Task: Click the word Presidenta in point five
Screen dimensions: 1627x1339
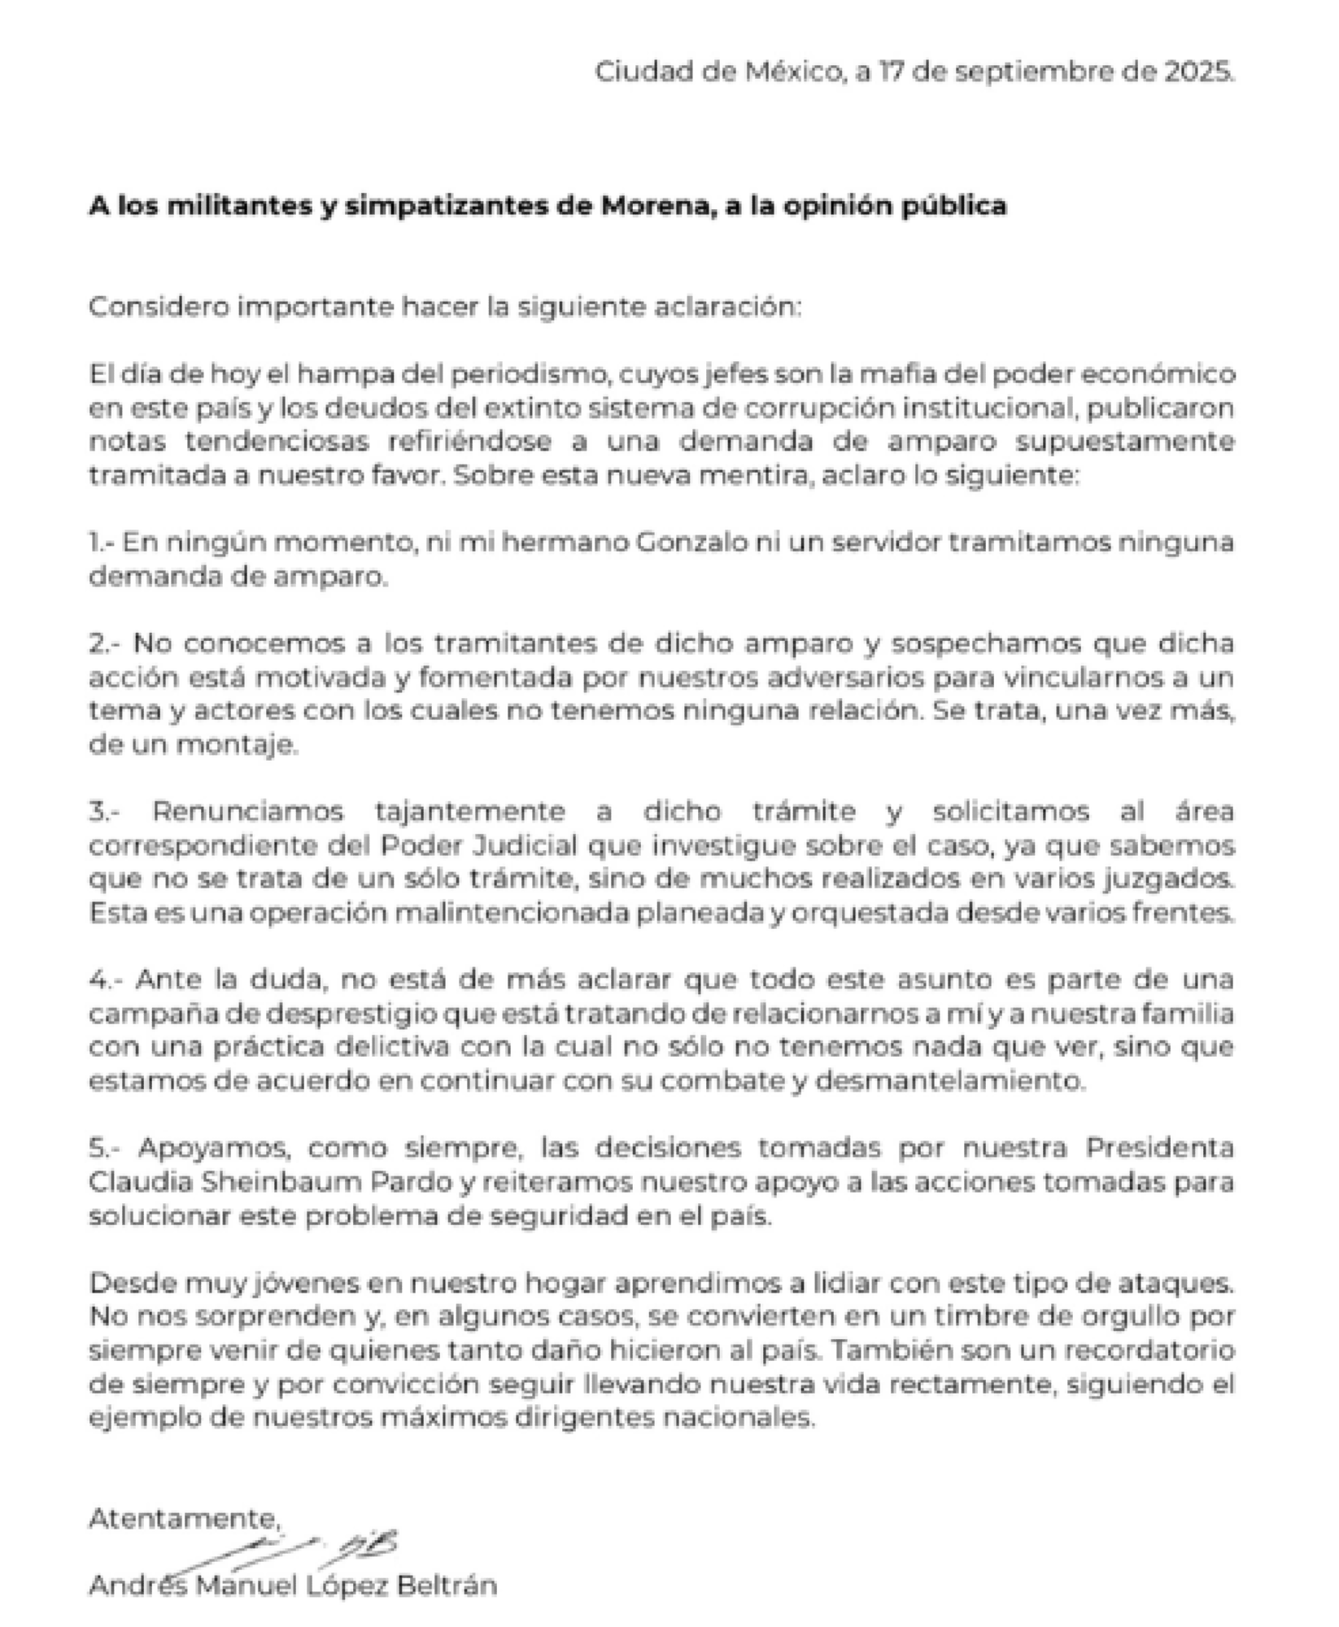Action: (x=1160, y=1148)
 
